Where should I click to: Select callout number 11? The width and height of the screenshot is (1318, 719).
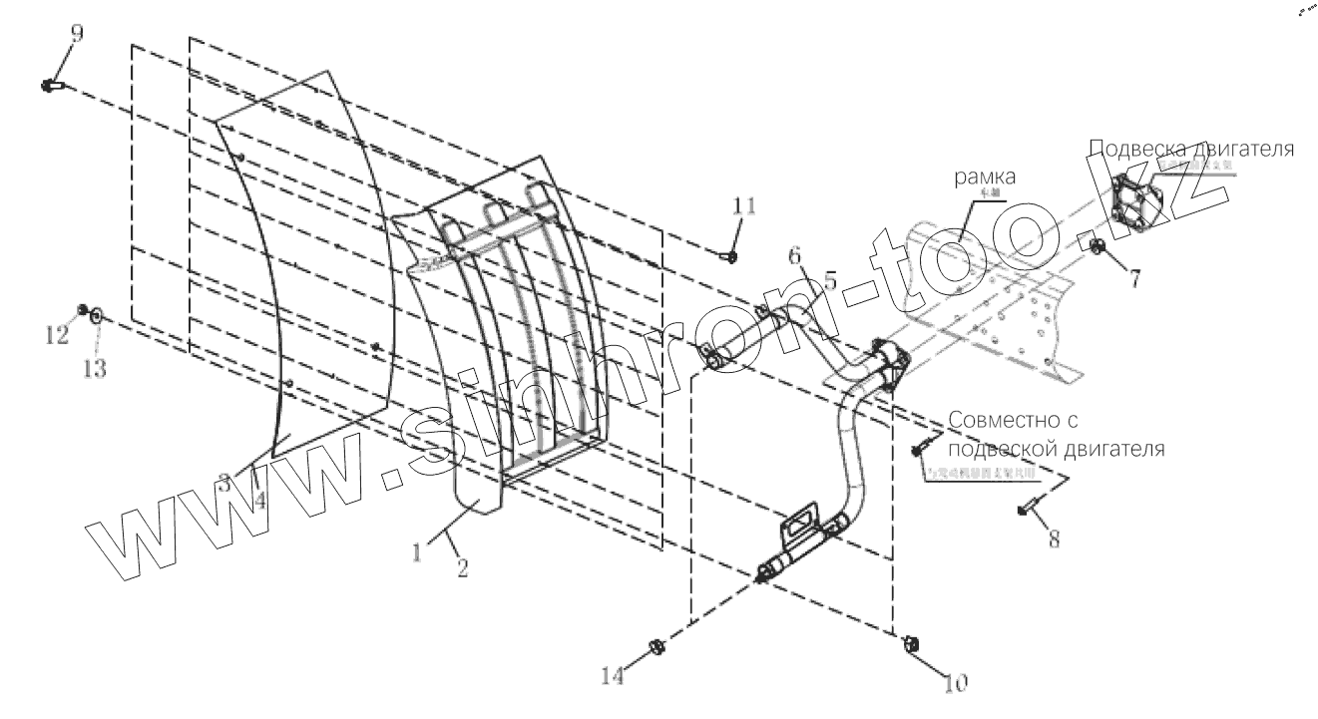pos(744,206)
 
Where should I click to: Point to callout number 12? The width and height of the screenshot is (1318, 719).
pos(59,335)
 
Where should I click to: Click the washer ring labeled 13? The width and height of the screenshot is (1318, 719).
pos(95,317)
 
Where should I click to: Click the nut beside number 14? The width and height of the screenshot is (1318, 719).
pos(658,646)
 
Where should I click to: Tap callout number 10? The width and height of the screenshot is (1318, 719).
pos(955,685)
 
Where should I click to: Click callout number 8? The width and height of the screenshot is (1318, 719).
pos(1054,539)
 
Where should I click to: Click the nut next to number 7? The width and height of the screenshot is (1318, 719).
pos(1097,246)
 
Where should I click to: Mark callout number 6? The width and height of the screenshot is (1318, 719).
pos(794,255)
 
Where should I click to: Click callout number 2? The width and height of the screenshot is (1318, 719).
pos(461,567)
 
